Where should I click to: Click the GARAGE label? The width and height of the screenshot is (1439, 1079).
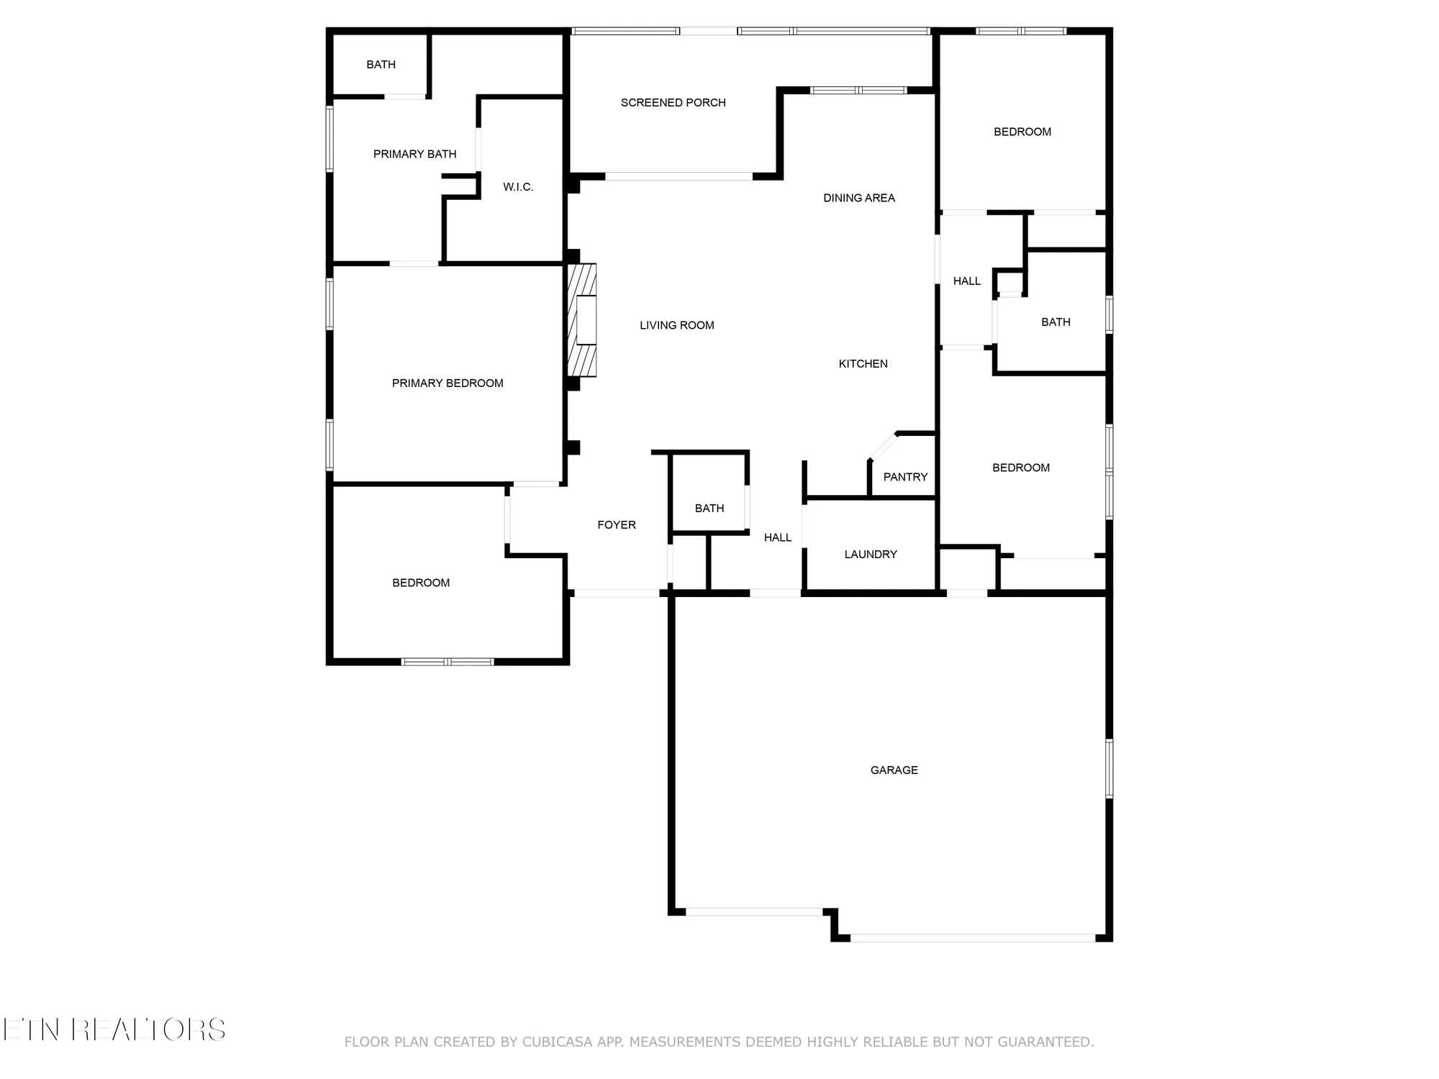point(894,770)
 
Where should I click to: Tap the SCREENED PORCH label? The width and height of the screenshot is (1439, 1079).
point(673,103)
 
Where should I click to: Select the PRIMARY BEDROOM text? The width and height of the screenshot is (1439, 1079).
point(448,383)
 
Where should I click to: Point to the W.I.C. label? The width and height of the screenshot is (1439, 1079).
point(518,187)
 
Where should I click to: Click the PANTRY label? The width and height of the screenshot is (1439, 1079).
point(905,477)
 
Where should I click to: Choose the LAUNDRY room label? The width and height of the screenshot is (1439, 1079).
point(871,555)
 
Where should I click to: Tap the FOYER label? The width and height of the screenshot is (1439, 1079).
point(617,525)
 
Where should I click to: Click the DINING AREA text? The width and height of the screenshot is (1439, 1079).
point(859,198)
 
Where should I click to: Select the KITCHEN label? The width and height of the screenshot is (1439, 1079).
point(863,364)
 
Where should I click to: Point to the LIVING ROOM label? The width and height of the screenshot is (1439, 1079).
point(677,325)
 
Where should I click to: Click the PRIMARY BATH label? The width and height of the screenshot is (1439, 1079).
point(415,154)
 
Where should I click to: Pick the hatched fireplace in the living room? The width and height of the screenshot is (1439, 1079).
point(582,320)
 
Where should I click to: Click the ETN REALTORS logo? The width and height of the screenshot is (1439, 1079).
point(114,1030)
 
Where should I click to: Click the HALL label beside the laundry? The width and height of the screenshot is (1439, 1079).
point(778,537)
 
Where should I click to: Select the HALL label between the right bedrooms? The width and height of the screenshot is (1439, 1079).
point(967,281)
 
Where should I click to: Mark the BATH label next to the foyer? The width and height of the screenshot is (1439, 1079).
point(709,509)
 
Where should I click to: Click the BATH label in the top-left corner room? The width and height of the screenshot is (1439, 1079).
point(381,65)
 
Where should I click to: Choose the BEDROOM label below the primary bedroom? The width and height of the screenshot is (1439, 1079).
point(421,583)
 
